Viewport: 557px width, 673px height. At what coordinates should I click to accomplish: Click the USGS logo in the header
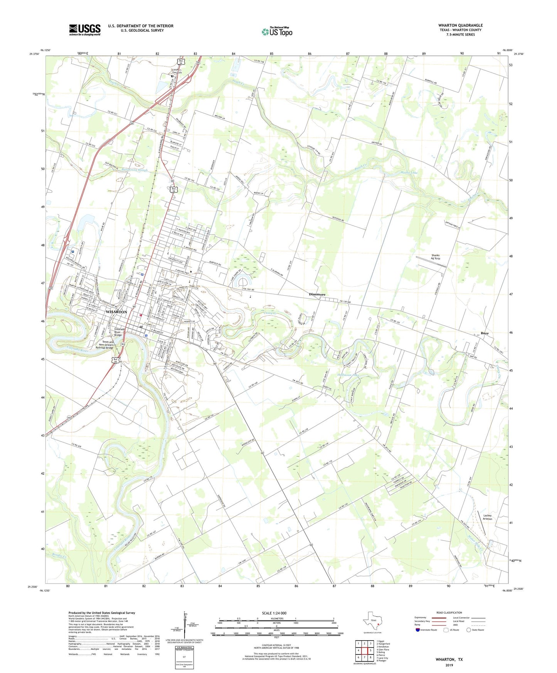coord(84,29)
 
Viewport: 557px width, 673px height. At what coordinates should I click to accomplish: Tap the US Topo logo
coord(276,31)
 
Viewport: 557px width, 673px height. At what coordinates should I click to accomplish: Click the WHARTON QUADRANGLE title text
coord(460,25)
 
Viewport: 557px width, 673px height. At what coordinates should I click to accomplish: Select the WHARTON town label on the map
coord(116,311)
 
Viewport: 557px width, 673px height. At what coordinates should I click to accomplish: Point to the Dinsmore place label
coord(317,294)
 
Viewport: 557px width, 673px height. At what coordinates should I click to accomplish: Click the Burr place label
coord(485,333)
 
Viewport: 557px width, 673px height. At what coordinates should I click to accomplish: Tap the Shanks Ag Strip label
coord(435,257)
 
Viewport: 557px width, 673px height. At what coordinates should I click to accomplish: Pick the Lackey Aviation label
coord(487,517)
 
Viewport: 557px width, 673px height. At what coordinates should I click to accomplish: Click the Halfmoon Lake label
coord(348,375)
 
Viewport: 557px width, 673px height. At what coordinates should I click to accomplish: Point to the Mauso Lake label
coord(409,172)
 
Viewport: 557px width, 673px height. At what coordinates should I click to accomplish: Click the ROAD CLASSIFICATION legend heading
coord(449,612)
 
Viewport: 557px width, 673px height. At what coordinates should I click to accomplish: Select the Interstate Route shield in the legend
coord(417,630)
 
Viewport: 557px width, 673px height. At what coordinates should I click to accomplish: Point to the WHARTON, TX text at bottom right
coord(449,660)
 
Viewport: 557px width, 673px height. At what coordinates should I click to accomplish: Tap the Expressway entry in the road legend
coord(420,617)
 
